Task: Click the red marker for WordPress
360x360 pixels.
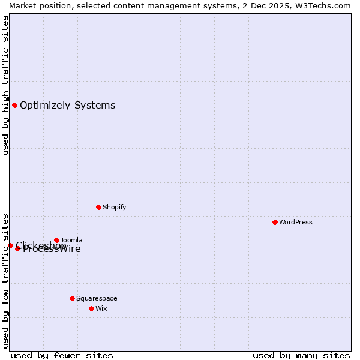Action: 275,222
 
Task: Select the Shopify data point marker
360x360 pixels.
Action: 98,207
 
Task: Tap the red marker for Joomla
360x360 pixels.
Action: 56,240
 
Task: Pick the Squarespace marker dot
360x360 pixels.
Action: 72,298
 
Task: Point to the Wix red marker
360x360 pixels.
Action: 91,308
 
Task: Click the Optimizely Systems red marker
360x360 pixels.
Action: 14,105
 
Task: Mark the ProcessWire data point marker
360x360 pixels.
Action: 17,248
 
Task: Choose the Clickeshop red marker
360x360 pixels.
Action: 10,245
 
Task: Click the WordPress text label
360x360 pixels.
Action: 296,222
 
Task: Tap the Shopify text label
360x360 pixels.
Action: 114,207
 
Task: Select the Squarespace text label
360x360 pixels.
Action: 97,298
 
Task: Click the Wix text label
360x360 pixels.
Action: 101,308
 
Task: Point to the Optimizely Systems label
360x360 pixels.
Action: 67,105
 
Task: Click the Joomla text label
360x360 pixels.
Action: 71,240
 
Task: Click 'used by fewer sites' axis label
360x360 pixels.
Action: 62,355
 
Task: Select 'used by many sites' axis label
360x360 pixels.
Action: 301,355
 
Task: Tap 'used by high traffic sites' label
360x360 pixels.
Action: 5,85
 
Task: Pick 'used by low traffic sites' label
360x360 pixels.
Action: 5,281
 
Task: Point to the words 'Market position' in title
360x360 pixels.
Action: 37,5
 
